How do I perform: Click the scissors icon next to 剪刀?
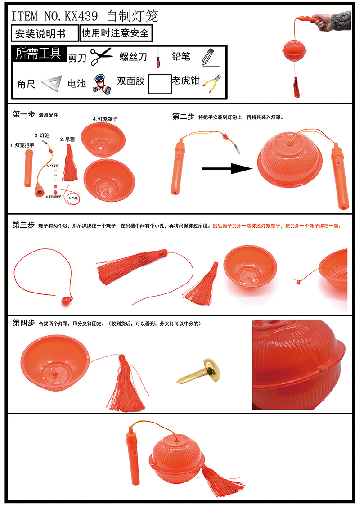tap(101, 56)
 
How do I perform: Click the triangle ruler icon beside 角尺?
tap(50, 83)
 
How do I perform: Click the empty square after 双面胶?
tap(160, 84)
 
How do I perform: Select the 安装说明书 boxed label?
tap(40, 34)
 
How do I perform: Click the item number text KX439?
tap(81, 17)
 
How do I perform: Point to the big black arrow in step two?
tap(225, 169)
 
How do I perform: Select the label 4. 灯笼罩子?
tap(106, 119)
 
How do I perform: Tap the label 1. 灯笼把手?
tap(22, 145)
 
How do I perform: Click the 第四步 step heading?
tap(23, 323)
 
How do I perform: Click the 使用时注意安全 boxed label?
tap(116, 33)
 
